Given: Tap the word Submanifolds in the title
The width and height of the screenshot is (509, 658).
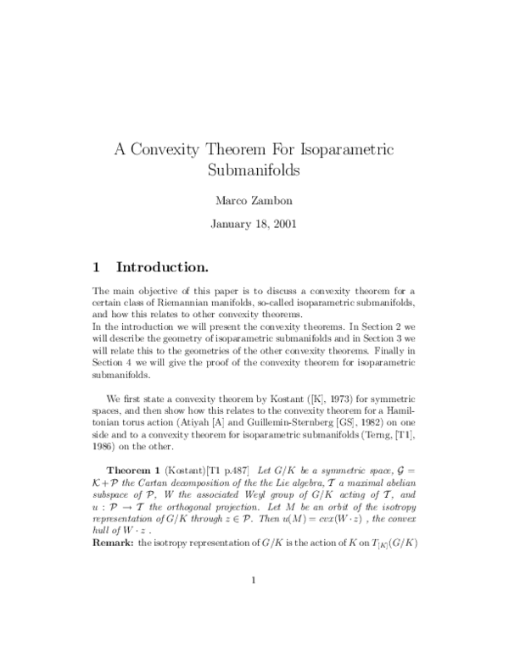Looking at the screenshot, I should point(254,169).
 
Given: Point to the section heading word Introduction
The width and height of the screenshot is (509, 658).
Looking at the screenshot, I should point(162,268).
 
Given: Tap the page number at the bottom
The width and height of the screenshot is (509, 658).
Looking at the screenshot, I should point(254,604).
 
